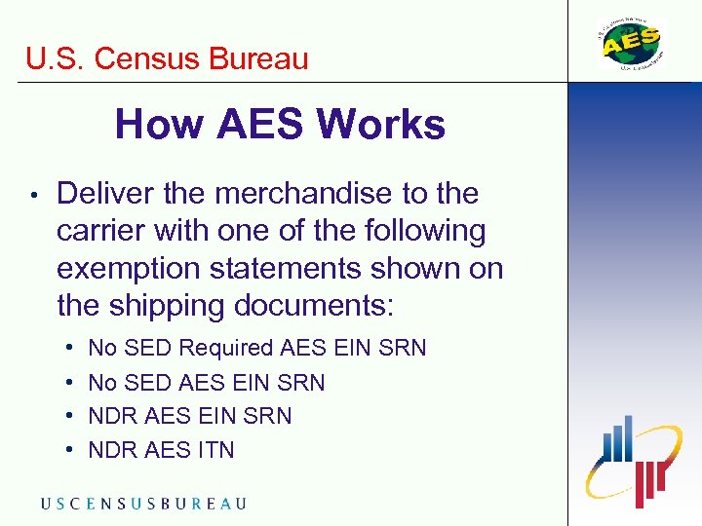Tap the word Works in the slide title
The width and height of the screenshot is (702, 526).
tap(381, 125)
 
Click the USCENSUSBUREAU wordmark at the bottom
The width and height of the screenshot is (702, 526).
tap(143, 504)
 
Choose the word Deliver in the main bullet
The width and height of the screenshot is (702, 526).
tap(105, 194)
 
